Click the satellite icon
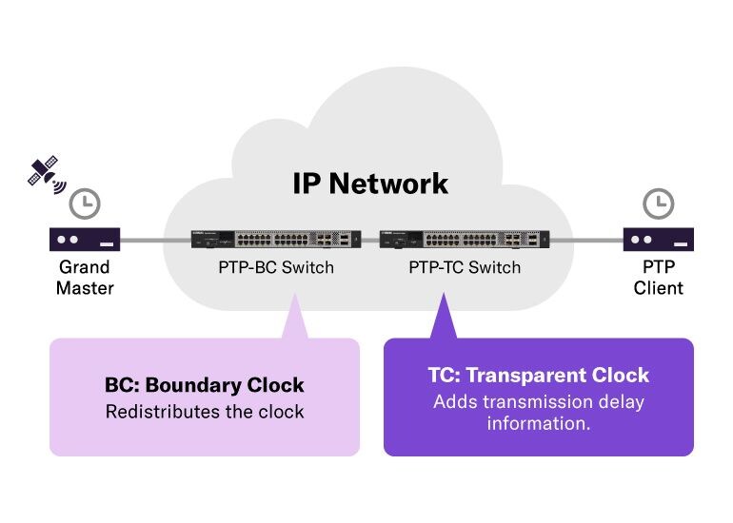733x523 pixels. (43, 171)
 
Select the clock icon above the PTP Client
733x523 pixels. (658, 203)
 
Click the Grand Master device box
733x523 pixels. (85, 239)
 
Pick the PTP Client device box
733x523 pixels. (658, 239)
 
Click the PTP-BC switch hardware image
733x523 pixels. (276, 240)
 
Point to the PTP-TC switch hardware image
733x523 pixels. (465, 240)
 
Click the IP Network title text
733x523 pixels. (370, 183)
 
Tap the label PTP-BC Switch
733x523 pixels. (276, 268)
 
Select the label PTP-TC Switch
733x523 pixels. (465, 268)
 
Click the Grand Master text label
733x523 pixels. (85, 277)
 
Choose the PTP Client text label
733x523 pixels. (658, 277)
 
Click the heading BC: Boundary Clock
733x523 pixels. (205, 385)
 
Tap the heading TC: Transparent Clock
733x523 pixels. (539, 375)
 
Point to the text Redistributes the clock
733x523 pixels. (205, 412)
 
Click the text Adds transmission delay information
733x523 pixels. (539, 412)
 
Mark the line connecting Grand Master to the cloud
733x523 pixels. (143, 240)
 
